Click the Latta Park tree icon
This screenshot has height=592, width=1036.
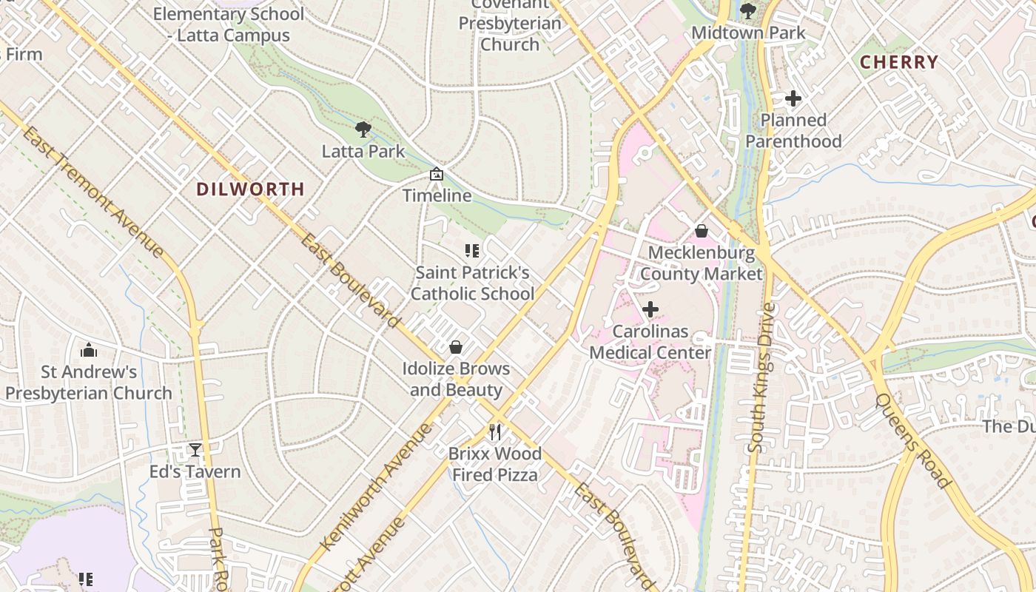click(363, 129)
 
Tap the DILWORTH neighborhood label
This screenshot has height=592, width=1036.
click(250, 189)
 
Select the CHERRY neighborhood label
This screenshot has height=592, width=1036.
click(898, 62)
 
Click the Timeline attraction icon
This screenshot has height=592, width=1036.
click(437, 175)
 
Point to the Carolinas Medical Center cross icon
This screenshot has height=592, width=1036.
click(650, 309)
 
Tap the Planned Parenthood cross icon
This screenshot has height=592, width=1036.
click(793, 98)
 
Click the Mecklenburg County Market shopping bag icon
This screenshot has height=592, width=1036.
click(701, 231)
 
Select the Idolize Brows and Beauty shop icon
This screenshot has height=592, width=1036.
click(456, 347)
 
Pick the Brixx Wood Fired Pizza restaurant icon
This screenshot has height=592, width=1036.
click(495, 431)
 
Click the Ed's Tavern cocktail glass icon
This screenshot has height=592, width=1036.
click(195, 450)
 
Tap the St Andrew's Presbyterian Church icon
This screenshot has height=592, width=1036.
click(89, 349)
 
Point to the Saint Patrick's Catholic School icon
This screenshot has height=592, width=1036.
click(471, 251)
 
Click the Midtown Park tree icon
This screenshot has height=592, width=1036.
click(747, 10)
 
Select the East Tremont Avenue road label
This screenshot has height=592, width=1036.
click(92, 192)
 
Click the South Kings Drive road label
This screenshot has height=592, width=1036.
click(760, 377)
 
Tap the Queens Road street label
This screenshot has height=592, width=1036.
click(912, 440)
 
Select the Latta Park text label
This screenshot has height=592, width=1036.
click(363, 152)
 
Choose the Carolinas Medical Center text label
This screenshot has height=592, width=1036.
click(650, 342)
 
